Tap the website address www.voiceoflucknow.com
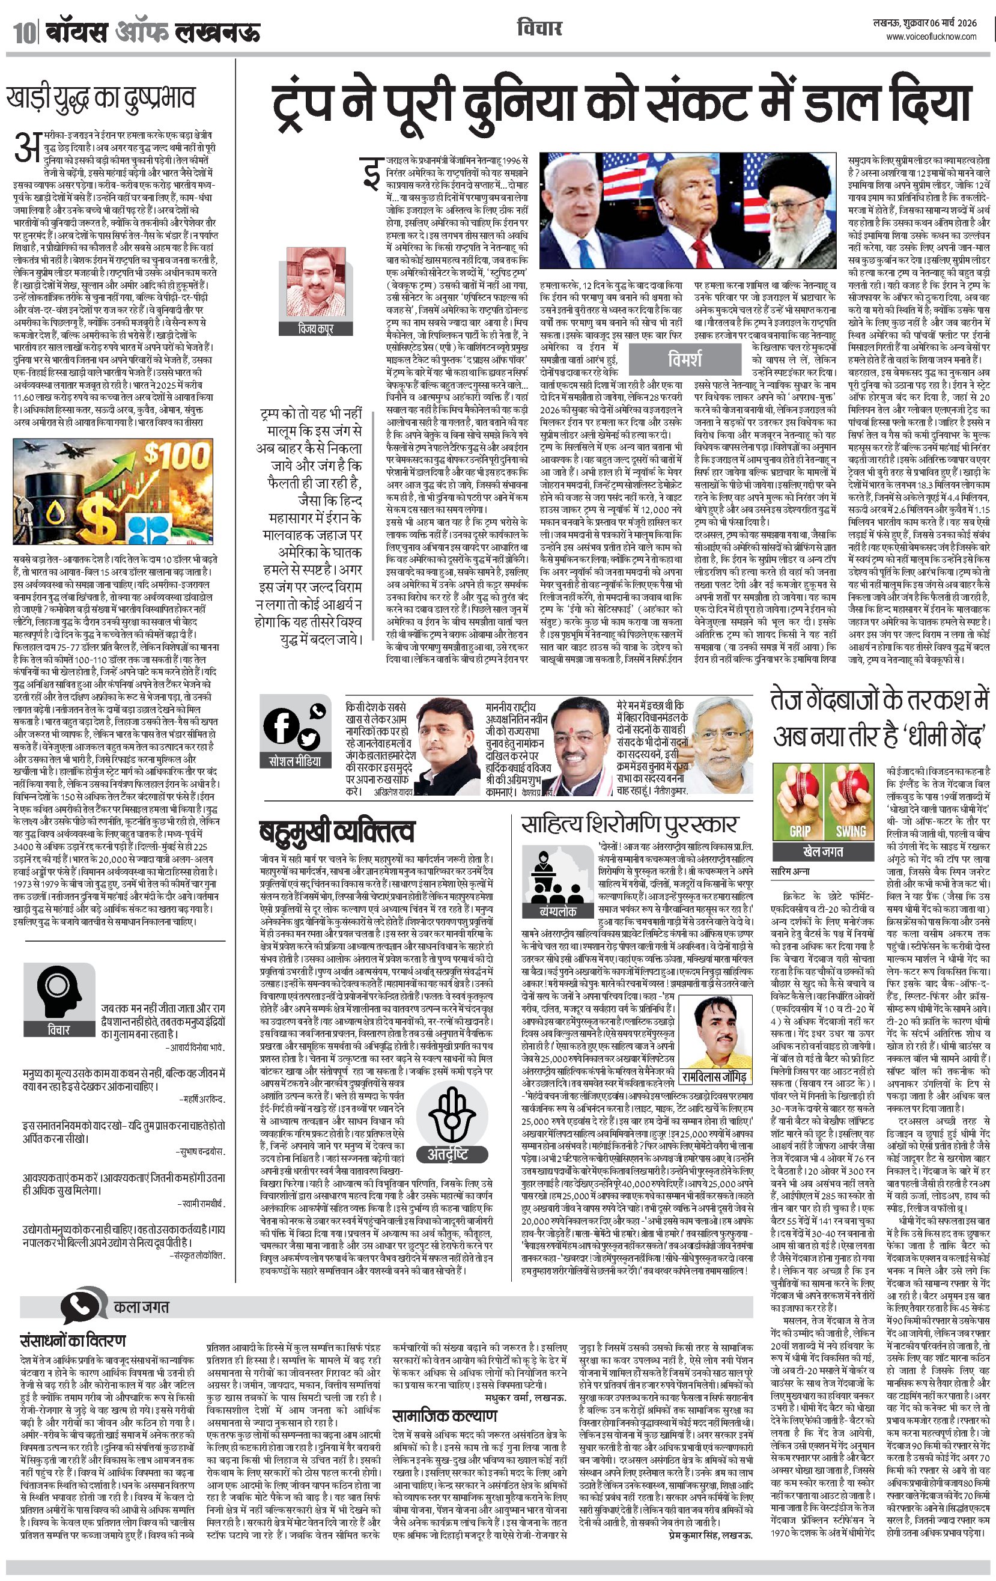coord(931,37)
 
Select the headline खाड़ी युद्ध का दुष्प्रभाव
coord(101,98)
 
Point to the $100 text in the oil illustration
coord(168,455)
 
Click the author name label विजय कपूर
coord(316,328)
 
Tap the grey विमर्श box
coord(684,359)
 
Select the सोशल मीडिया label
coord(296,761)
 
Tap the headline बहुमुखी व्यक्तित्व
coord(336,831)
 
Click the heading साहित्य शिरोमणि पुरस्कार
coord(629,824)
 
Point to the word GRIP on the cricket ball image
coord(799,830)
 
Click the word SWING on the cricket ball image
coord(851,830)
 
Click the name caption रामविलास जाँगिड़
coord(714,1077)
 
